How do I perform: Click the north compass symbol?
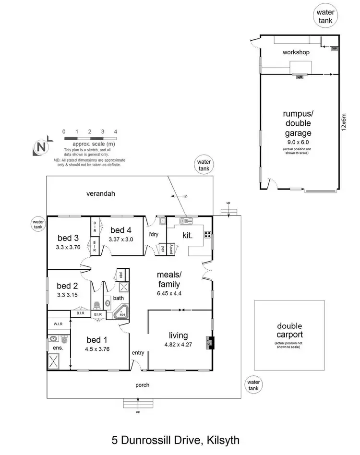coord(42,148)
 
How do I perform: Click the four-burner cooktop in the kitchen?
coord(208,235)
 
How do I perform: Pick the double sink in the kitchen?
coord(186,221)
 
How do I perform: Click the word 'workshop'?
coord(296,52)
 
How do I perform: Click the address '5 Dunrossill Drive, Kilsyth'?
coord(175,439)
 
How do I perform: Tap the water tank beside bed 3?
coord(38,225)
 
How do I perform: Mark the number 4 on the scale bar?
coord(115,132)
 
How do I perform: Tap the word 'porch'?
coord(142,384)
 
